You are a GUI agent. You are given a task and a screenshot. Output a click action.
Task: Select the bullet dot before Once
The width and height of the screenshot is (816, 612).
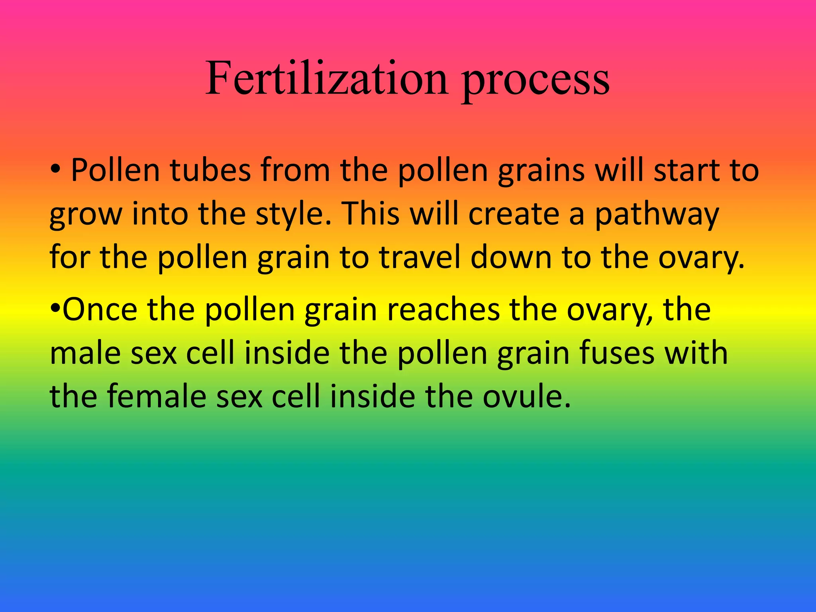[x=55, y=308]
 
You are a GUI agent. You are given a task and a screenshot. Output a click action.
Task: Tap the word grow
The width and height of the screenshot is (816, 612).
[x=85, y=215]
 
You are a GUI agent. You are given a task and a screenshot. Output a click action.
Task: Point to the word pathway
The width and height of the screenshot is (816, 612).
[x=657, y=215]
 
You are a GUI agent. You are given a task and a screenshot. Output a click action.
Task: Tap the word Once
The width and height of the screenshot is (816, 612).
[x=100, y=310]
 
